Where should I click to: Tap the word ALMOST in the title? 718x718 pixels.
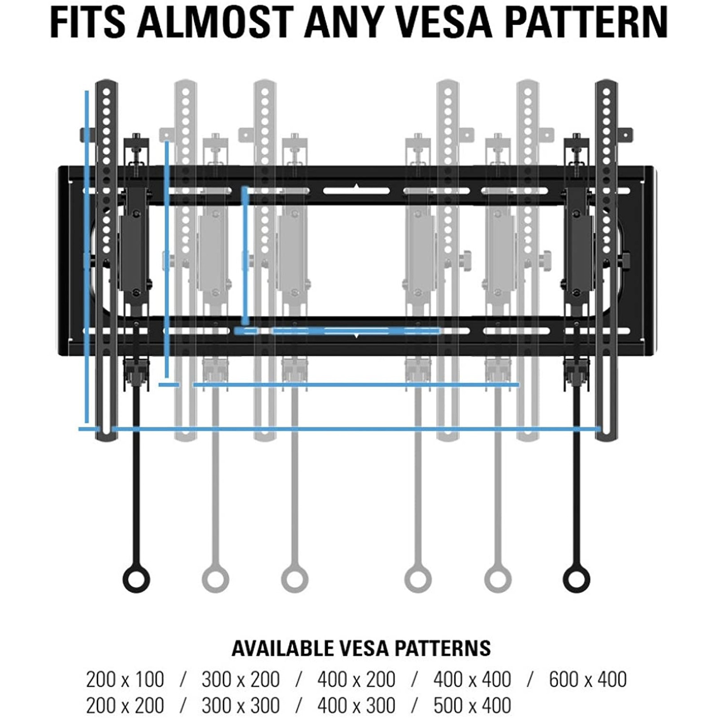(215, 22)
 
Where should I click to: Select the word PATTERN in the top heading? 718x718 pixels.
(587, 22)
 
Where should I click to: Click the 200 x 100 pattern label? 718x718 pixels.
(125, 679)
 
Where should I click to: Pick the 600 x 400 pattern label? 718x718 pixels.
(587, 679)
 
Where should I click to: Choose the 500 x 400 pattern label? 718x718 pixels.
(472, 705)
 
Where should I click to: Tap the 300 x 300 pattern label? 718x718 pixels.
(241, 705)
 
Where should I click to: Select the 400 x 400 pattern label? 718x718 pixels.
(472, 679)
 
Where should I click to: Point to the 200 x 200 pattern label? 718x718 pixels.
(125, 705)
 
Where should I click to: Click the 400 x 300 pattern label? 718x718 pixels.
(356, 705)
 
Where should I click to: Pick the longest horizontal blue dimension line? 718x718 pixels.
(356, 429)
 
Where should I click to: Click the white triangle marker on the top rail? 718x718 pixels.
(356, 186)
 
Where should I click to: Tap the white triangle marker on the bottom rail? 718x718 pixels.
(356, 335)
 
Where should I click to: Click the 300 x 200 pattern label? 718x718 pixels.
(241, 679)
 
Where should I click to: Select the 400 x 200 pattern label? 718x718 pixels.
(356, 679)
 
